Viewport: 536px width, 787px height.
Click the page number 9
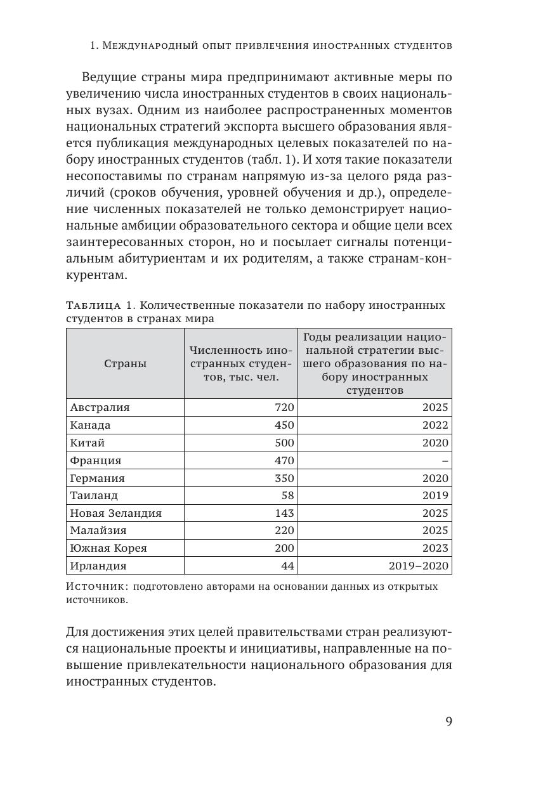(x=448, y=722)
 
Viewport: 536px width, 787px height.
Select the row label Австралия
(x=100, y=408)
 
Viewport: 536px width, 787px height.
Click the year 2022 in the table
(x=435, y=426)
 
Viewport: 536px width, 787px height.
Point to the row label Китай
(x=88, y=443)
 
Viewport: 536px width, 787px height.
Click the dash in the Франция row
(x=445, y=460)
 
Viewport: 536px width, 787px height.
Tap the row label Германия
(x=98, y=478)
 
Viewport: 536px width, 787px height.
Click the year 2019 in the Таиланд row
(x=435, y=495)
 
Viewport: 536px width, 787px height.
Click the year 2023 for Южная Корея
(x=435, y=548)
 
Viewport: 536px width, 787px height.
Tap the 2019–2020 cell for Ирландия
(x=421, y=566)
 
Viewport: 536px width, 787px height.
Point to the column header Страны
(x=125, y=363)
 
